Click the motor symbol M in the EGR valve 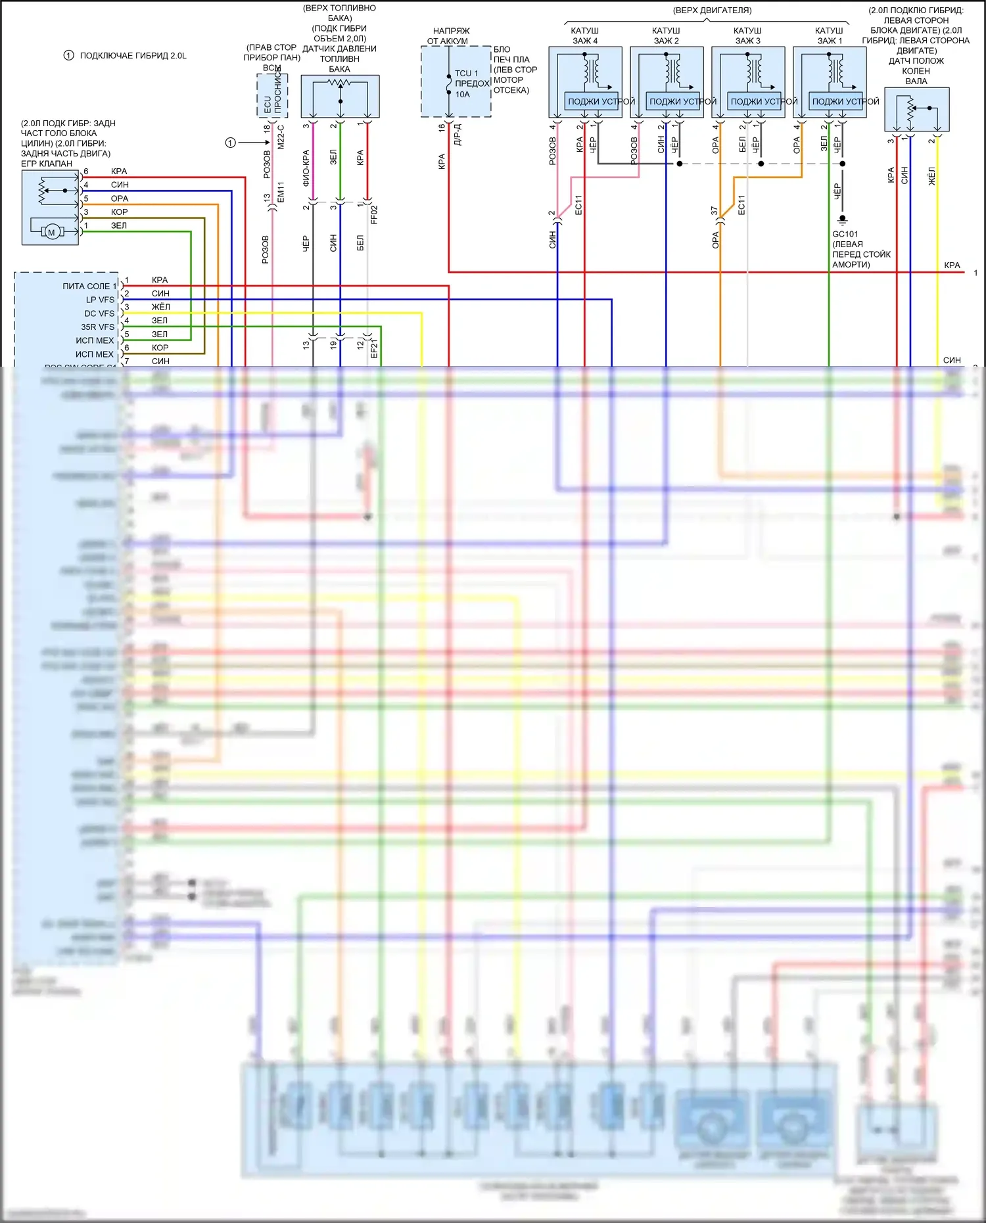pos(51,232)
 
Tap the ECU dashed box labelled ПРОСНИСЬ pos(272,96)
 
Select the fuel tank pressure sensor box pos(340,97)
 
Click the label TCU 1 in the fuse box pos(467,74)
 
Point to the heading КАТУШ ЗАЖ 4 pos(585,35)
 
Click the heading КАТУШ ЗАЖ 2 pos(666,35)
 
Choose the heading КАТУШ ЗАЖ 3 pos(747,35)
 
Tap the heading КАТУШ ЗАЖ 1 pos(829,35)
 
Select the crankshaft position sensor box pos(916,110)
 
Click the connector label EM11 pos(281,192)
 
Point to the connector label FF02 pos(374,214)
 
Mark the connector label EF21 pos(374,349)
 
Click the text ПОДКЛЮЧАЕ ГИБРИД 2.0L pos(133,56)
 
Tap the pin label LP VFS pos(100,300)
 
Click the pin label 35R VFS pos(97,327)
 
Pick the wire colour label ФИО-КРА pos(306,168)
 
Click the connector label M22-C pos(281,137)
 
